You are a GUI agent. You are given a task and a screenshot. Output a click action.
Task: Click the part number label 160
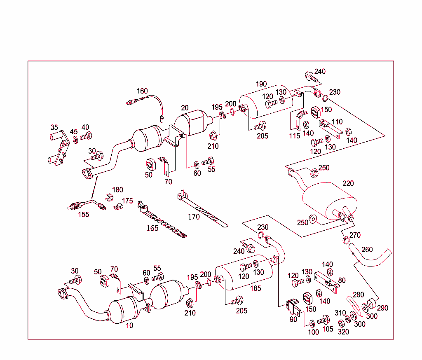tap(142, 91)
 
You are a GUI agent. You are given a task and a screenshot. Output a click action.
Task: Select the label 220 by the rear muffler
tap(348, 183)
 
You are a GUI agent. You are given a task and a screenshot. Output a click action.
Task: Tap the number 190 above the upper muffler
tap(261, 84)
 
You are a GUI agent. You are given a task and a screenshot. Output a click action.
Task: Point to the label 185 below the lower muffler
tap(256, 288)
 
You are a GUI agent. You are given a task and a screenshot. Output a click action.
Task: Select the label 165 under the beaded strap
tap(152, 228)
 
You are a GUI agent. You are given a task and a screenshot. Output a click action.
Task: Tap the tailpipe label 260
tap(367, 249)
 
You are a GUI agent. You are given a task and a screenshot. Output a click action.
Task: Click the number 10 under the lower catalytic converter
tap(129, 325)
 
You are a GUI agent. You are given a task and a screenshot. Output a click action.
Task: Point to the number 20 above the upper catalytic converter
tap(185, 108)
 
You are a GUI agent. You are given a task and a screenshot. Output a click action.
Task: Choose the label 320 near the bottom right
tap(343, 332)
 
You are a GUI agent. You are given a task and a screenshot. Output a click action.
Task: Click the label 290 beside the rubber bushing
tap(382, 308)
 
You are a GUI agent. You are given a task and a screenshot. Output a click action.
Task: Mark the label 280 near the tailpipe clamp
tap(359, 295)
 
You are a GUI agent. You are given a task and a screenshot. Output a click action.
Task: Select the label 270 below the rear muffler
tap(355, 235)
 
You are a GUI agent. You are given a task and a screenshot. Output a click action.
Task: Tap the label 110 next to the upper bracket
tap(337, 122)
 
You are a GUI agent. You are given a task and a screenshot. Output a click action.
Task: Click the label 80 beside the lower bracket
tap(342, 281)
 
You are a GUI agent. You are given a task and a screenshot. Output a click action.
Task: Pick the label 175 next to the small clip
tap(127, 201)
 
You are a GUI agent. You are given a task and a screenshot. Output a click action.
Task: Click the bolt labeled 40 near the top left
tap(85, 136)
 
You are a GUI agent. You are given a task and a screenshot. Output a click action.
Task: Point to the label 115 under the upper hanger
tap(294, 136)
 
